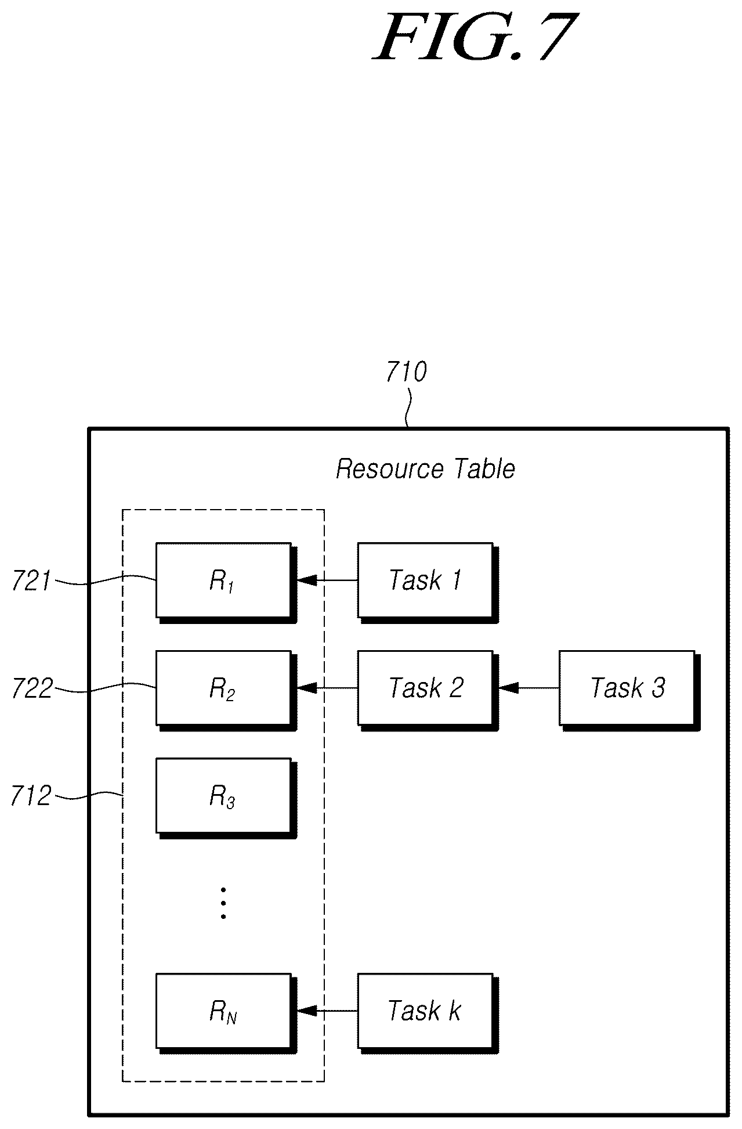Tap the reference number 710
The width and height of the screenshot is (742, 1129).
click(407, 371)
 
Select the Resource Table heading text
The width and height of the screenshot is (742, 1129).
click(425, 468)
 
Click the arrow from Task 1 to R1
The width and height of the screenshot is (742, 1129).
click(327, 579)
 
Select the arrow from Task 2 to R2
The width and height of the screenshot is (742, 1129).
click(327, 687)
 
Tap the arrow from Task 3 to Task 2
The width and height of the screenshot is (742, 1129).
click(529, 687)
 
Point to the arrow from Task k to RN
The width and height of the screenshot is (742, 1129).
click(327, 1011)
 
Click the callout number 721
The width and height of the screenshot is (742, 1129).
click(31, 581)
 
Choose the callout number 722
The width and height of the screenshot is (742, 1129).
click(32, 689)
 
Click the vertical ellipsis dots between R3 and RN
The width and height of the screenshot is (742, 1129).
click(223, 903)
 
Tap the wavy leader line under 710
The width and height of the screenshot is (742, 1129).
click(408, 409)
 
